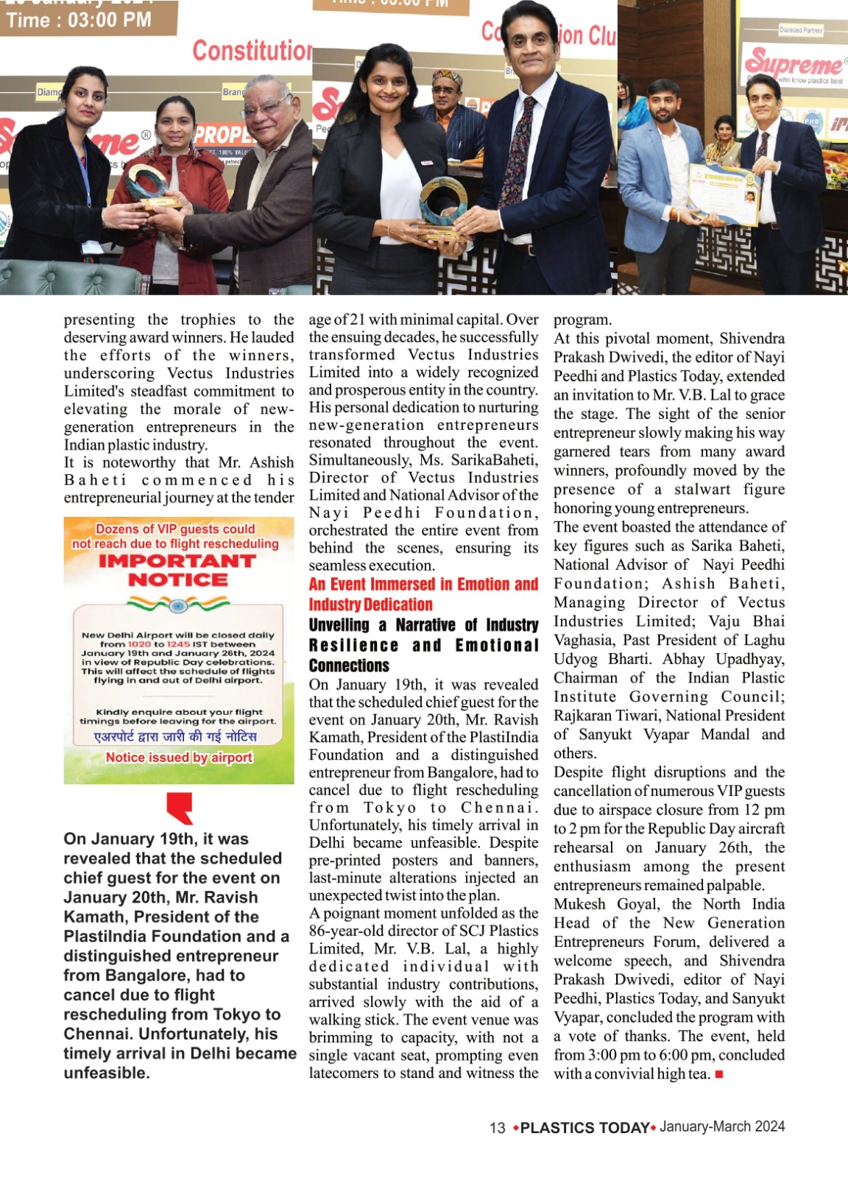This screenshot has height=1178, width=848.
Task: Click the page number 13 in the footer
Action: (x=498, y=1128)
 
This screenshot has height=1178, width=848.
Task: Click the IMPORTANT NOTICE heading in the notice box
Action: (x=177, y=571)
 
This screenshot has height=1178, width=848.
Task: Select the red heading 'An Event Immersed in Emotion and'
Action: (x=423, y=585)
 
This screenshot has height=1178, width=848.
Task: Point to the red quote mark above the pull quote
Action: (x=180, y=808)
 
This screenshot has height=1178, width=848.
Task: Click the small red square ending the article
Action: (x=719, y=1074)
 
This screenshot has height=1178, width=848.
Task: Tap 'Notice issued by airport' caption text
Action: (x=179, y=758)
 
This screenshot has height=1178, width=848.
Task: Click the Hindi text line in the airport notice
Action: (x=176, y=737)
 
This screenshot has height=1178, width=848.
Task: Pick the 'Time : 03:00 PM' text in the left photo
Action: (x=79, y=20)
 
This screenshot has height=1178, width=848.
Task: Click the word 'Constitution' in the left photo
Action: (x=252, y=51)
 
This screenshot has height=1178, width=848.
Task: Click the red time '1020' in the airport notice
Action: (x=139, y=644)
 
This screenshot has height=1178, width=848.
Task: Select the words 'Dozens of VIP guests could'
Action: (x=175, y=529)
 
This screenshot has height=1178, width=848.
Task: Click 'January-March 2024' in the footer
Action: (x=722, y=1127)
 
